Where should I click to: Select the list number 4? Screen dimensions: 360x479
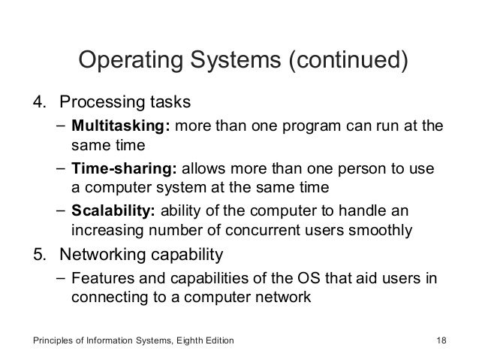pyautogui.click(x=35, y=101)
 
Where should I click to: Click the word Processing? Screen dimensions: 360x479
pyautogui.click(x=98, y=101)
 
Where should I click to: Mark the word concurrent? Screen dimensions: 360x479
pyautogui.click(x=285, y=228)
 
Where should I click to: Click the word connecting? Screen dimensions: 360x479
pyautogui.click(x=105, y=296)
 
